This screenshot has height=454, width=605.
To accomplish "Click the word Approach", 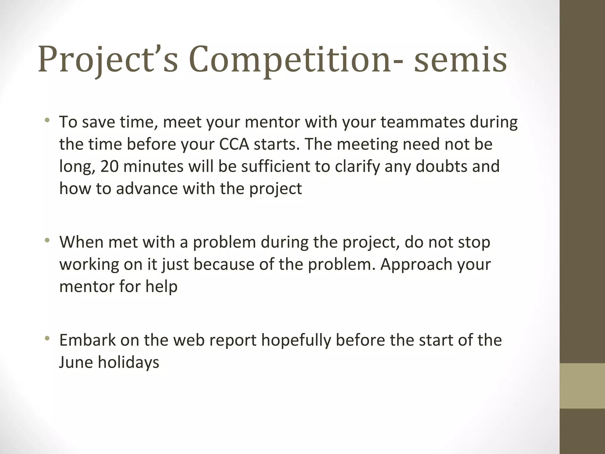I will click(x=416, y=265).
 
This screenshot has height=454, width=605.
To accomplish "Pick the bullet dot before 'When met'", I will click(x=47, y=241).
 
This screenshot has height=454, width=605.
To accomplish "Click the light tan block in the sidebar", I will click(x=582, y=386).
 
